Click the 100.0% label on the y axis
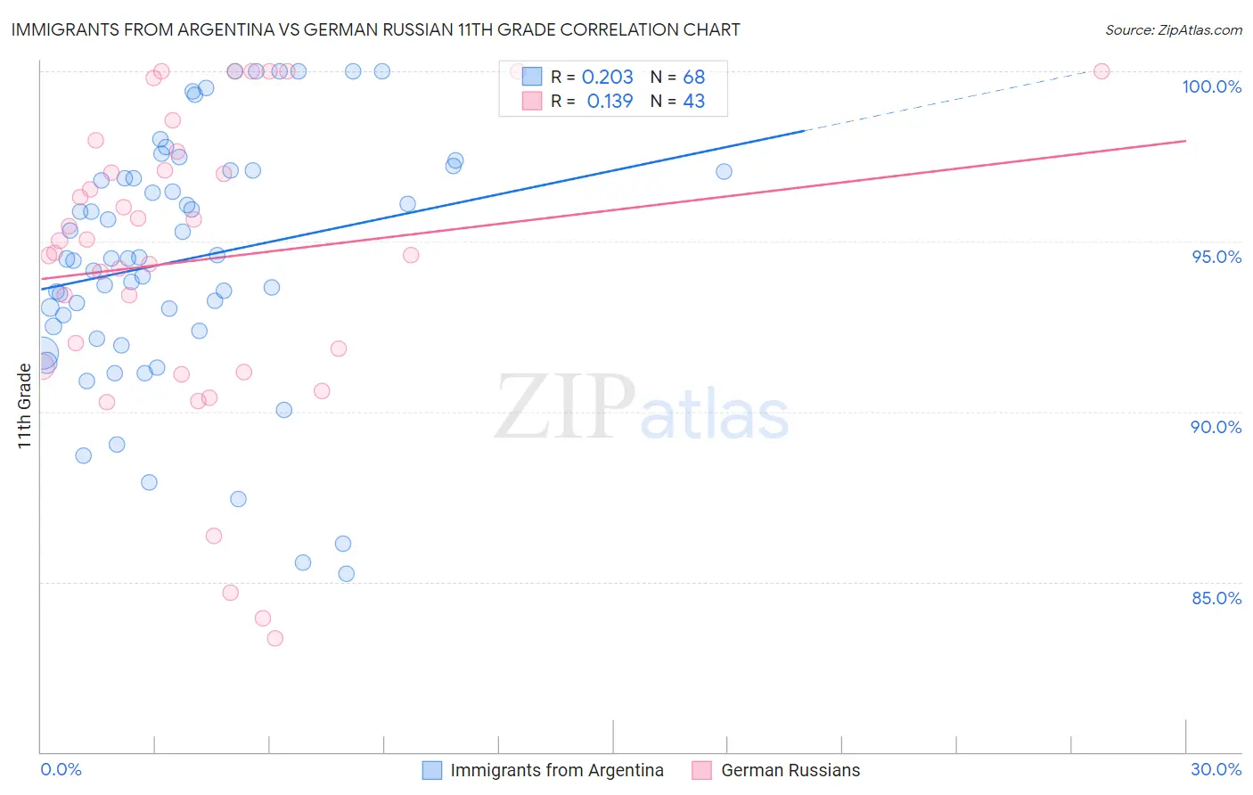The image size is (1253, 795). (1211, 86)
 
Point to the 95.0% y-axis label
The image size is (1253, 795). (1216, 257)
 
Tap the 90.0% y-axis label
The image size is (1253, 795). (1216, 427)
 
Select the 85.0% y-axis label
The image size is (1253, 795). (1216, 598)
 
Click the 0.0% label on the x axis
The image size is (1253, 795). (61, 769)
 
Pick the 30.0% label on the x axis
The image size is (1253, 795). (1216, 769)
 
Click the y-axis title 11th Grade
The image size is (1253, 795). (24, 406)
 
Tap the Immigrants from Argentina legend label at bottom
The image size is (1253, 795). (556, 770)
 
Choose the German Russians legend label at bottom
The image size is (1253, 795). (790, 770)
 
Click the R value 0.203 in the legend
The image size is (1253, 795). (607, 78)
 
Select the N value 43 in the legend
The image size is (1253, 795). (693, 102)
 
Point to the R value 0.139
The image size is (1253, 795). (610, 102)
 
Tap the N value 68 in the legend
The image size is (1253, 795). (693, 78)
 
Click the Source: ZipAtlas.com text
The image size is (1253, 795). (1173, 30)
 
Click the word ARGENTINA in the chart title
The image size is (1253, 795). (235, 30)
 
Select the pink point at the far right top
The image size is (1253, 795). (1101, 71)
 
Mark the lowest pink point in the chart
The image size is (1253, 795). (274, 638)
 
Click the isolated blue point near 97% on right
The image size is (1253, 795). (724, 171)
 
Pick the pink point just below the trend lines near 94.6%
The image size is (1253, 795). (410, 255)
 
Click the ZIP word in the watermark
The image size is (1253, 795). (565, 407)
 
